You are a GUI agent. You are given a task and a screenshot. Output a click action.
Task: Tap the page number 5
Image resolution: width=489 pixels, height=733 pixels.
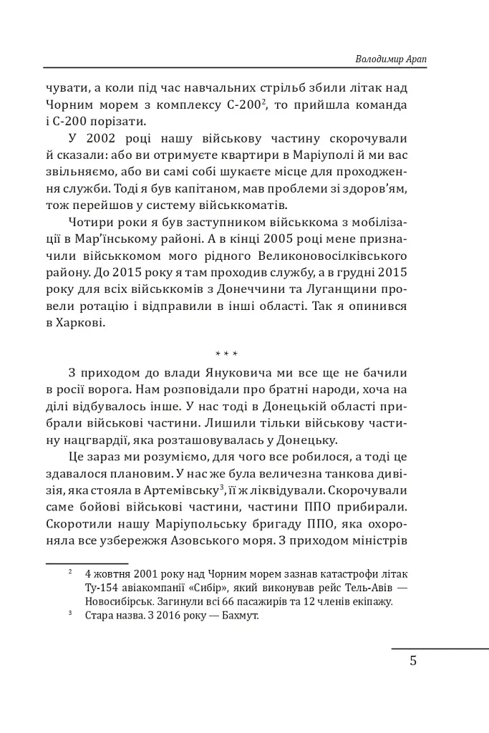tap(413, 660)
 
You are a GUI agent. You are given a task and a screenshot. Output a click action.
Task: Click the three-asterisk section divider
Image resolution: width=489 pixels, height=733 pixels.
tap(226, 354)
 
